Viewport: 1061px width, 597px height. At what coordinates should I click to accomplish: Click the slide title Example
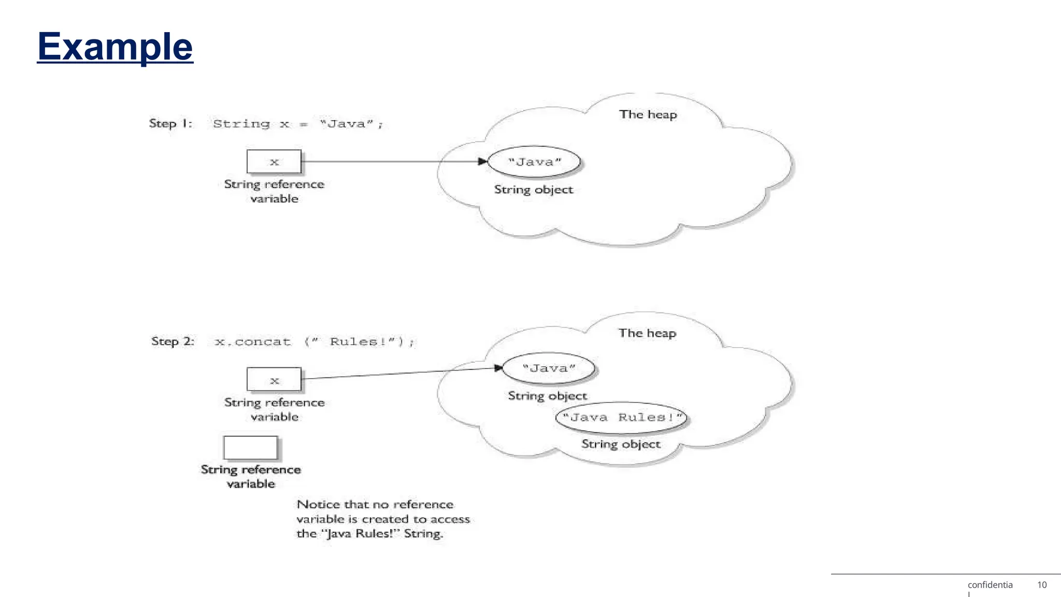click(115, 47)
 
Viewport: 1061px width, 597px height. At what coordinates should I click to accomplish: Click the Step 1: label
click(170, 123)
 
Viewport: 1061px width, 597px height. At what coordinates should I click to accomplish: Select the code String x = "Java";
click(298, 124)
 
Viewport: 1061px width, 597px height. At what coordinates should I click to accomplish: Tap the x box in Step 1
click(274, 162)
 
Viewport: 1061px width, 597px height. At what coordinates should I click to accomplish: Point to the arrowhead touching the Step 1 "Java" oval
click(483, 162)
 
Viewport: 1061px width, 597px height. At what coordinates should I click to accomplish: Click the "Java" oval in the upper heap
click(535, 162)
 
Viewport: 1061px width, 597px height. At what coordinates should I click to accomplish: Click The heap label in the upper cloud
click(648, 115)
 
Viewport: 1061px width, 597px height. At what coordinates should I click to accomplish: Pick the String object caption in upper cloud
click(534, 190)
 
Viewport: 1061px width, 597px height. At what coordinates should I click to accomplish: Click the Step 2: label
click(173, 342)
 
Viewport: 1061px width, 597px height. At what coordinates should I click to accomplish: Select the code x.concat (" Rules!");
click(314, 342)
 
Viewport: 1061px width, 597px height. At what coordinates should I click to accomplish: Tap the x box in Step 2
click(274, 380)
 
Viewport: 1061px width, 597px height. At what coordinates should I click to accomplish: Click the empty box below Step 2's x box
click(251, 448)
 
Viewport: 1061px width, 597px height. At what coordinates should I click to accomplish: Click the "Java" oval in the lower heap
click(549, 368)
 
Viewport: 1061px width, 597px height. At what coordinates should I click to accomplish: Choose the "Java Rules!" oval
click(621, 418)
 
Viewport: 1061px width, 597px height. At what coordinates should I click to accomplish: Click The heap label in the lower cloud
click(647, 333)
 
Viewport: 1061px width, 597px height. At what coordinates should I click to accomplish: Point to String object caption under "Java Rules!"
click(621, 444)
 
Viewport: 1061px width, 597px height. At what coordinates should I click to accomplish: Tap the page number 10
click(1041, 585)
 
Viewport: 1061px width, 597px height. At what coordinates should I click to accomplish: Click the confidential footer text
click(990, 585)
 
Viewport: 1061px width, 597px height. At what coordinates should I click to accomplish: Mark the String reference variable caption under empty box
click(251, 476)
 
